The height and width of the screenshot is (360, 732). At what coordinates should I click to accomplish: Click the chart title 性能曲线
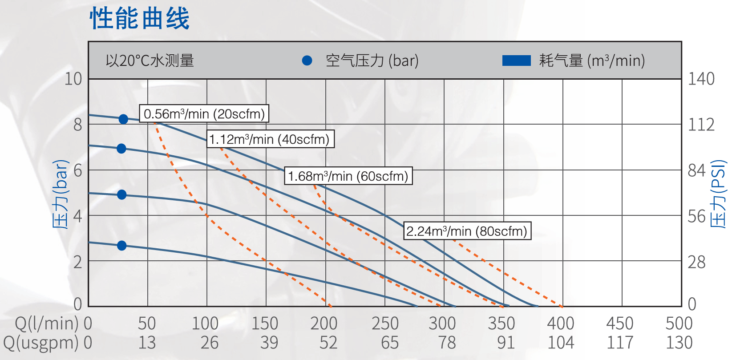[x=140, y=19]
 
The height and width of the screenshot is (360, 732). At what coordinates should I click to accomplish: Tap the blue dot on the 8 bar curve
[x=123, y=119]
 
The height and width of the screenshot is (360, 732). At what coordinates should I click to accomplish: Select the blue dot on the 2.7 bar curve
[x=121, y=245]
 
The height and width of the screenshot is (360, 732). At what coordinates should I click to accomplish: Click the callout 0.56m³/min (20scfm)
[x=204, y=114]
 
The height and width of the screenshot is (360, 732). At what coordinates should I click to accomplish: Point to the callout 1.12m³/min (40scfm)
[x=270, y=139]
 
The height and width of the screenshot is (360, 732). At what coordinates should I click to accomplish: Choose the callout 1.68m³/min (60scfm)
[x=348, y=176]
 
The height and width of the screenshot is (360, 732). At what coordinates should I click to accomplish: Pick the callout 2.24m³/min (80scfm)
[x=467, y=231]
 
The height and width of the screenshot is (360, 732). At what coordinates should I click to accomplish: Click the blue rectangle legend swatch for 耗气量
[x=516, y=61]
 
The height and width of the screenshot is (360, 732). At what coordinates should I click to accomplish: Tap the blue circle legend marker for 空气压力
[x=307, y=61]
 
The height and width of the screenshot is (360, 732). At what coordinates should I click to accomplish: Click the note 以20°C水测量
[x=150, y=61]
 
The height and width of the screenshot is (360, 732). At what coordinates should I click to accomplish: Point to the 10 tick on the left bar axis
[x=73, y=79]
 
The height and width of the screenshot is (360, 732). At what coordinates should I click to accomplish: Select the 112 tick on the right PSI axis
[x=701, y=125]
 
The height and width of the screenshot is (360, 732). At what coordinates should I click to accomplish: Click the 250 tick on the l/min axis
[x=385, y=324]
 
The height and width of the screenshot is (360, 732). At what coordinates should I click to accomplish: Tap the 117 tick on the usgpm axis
[x=620, y=343]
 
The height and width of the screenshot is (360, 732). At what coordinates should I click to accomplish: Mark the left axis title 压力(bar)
[x=61, y=194]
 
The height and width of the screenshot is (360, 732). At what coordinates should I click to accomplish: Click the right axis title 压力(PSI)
[x=718, y=194]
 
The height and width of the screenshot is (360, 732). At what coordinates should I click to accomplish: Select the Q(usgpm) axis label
[x=41, y=343]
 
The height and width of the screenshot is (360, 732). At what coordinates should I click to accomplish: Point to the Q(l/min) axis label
[x=47, y=324]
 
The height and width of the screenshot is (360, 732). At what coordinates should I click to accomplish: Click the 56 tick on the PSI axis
[x=696, y=216]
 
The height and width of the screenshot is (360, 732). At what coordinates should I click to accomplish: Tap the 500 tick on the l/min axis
[x=679, y=324]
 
